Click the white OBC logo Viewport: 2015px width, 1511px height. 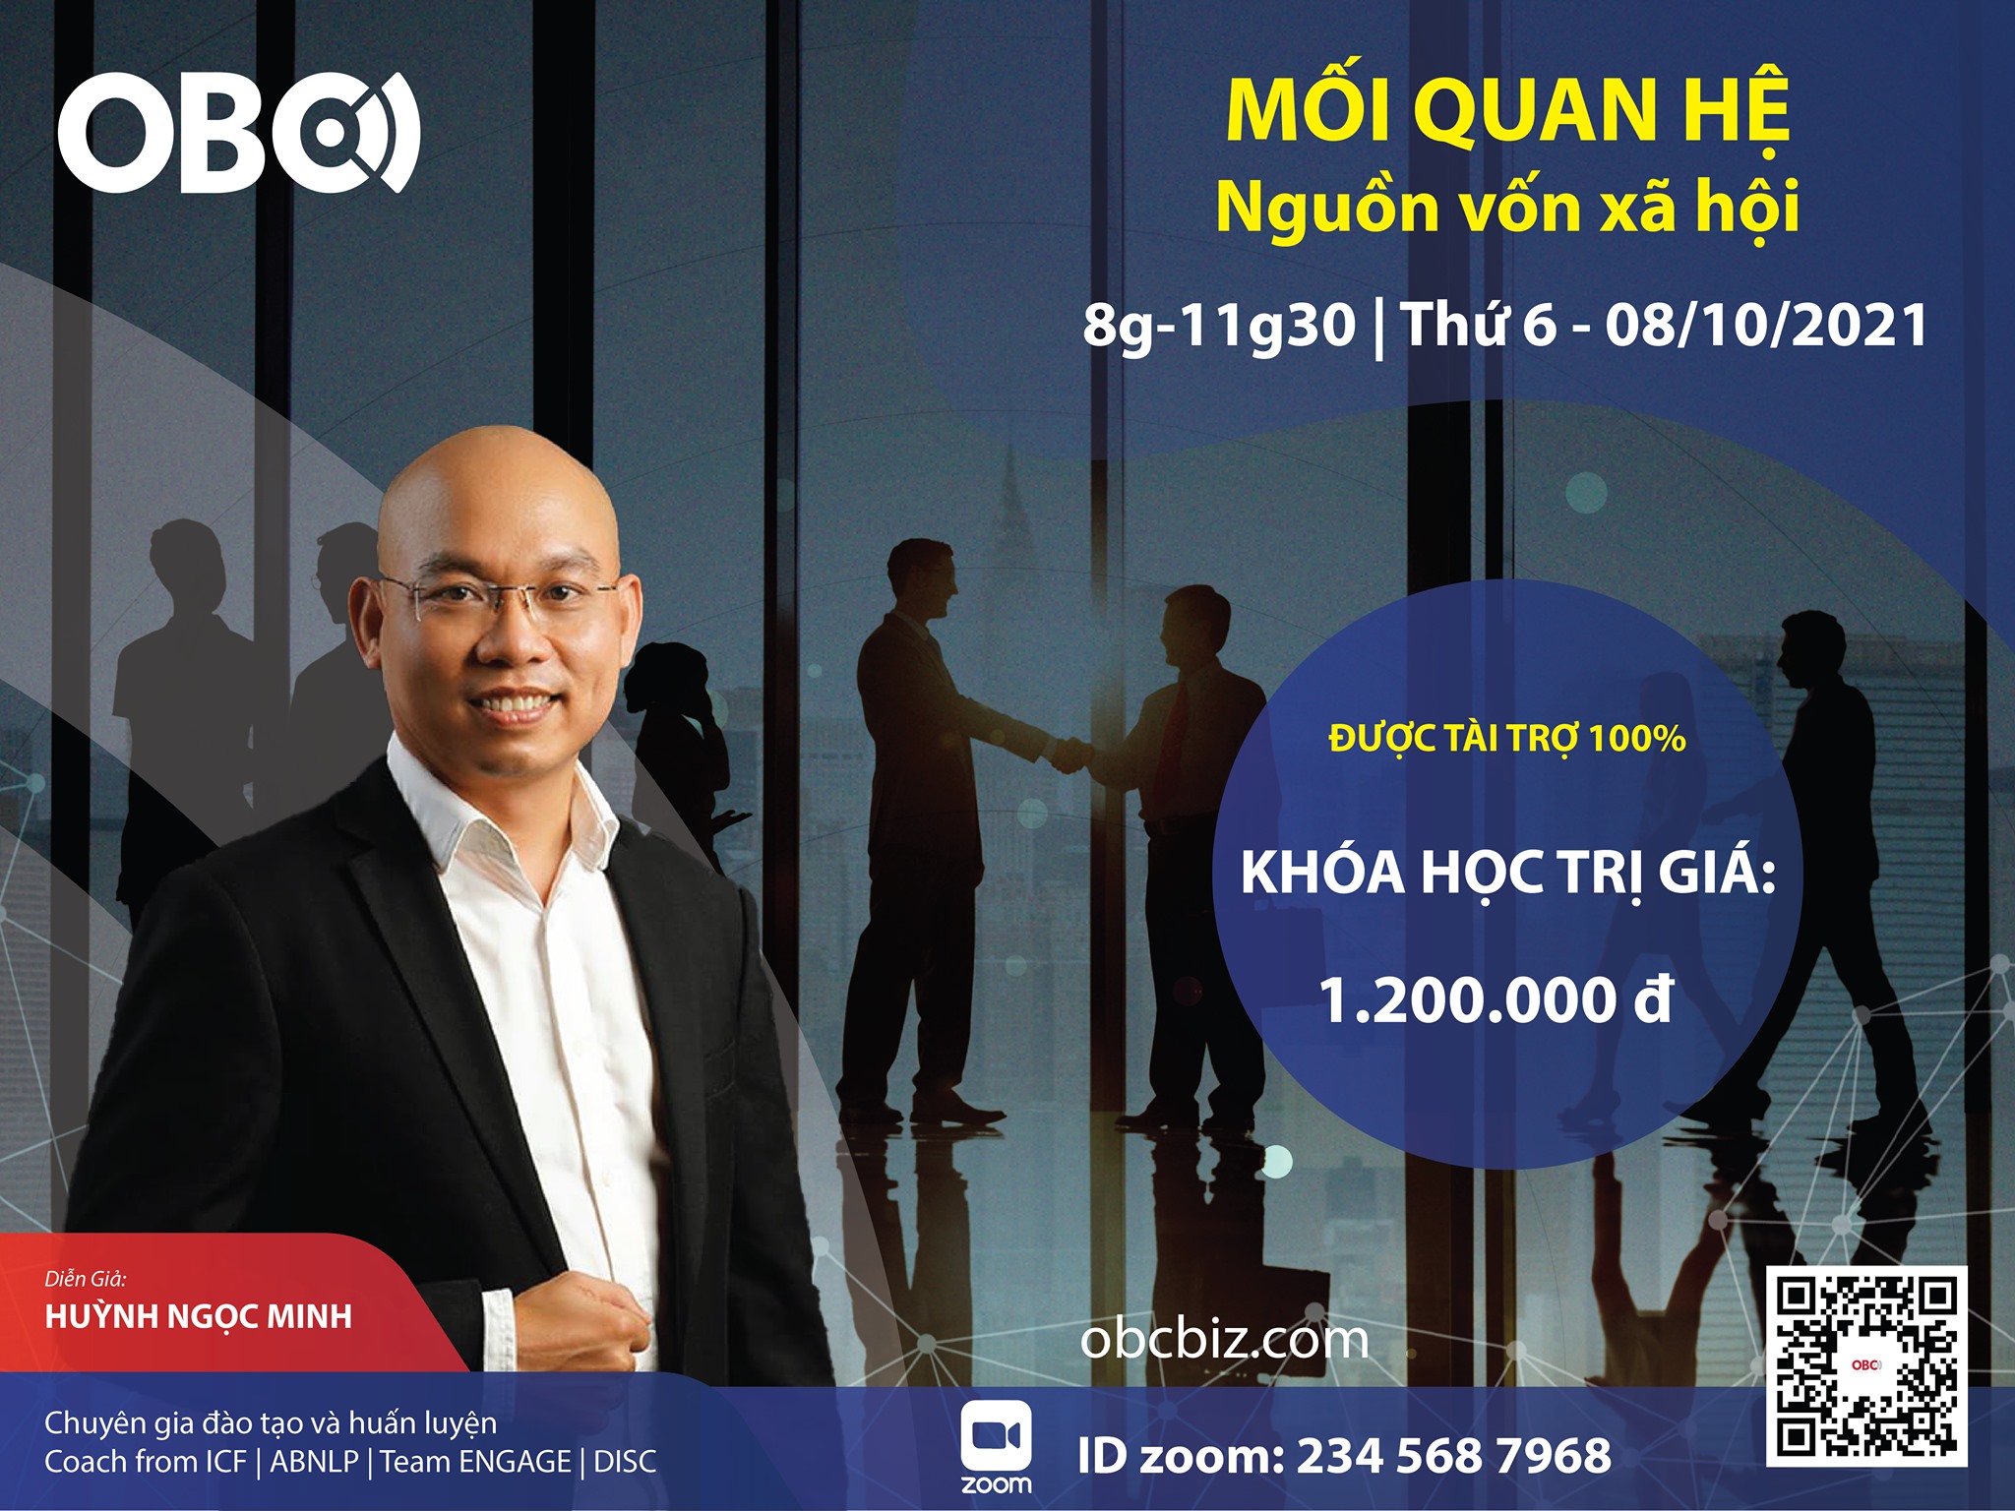coord(239,132)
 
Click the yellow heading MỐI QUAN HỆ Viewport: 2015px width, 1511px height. coord(1507,110)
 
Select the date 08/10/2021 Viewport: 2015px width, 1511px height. coord(1766,325)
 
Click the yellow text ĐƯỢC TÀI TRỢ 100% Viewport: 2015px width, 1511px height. coord(1507,738)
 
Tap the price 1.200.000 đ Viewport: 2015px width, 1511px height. coord(1496,1000)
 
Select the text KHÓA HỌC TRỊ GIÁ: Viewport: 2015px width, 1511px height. coord(1508,873)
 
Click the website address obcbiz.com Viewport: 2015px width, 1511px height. coord(1224,1340)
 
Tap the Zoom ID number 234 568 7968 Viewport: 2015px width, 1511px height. coord(1454,1456)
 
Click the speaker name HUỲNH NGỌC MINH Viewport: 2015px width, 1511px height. coord(199,1317)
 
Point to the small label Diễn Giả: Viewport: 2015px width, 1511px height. coord(86,1279)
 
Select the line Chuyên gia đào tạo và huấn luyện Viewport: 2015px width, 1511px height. coord(271,1423)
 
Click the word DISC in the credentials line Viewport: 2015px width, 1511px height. coord(625,1462)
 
